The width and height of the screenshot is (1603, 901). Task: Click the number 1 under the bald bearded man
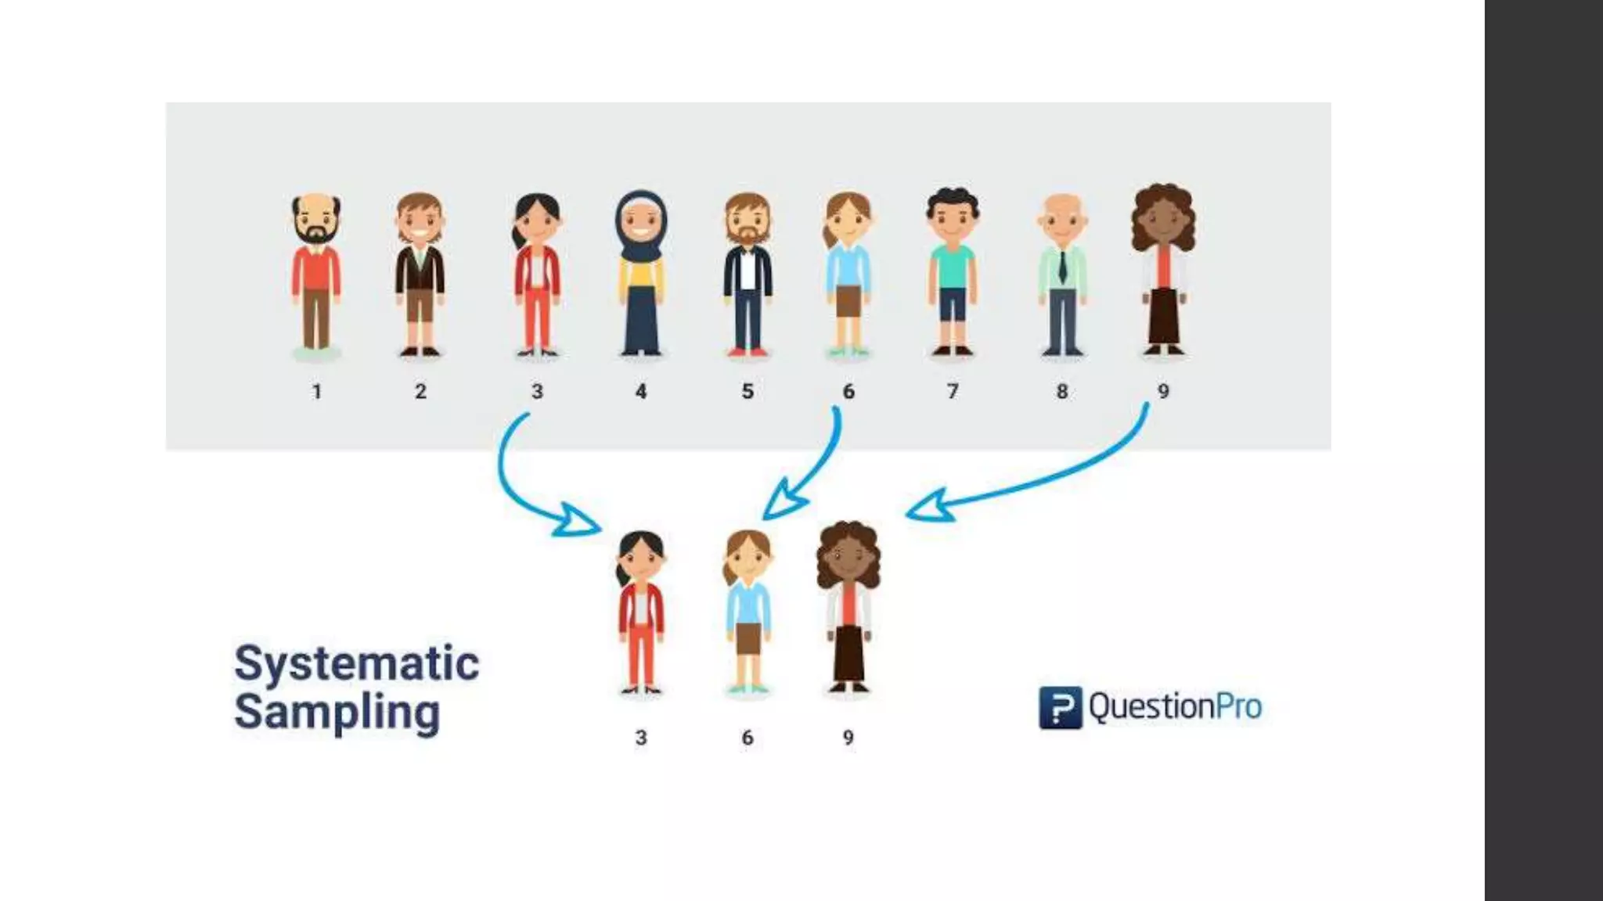tap(317, 391)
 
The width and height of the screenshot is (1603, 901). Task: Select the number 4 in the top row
tap(641, 391)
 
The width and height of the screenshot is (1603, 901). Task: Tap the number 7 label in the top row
tap(953, 391)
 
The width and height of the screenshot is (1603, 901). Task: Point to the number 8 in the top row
tap(1062, 391)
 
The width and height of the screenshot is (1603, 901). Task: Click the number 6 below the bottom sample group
tap(747, 738)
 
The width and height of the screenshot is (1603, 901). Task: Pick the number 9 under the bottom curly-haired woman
tap(848, 738)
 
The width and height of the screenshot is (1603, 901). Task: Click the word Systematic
tap(356, 664)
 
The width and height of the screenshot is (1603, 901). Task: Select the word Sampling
tap(337, 712)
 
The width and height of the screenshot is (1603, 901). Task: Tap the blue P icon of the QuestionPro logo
tap(1060, 708)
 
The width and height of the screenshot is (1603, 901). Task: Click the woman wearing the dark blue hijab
tap(641, 274)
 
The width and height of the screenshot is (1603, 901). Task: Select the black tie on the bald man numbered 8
tap(1062, 266)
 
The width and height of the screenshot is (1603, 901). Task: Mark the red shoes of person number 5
tap(747, 352)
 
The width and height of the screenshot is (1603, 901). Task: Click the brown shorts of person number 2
tap(420, 305)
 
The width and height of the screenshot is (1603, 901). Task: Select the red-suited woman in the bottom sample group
tap(641, 614)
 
